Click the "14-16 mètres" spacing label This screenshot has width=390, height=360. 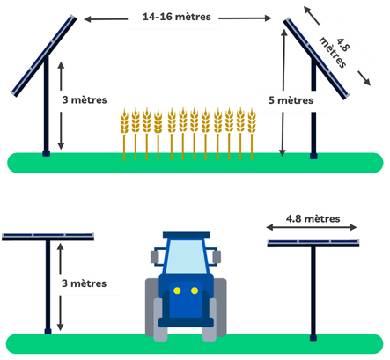pyautogui.click(x=177, y=17)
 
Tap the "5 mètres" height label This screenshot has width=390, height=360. pyautogui.click(x=291, y=100)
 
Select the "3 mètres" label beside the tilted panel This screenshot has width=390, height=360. pyautogui.click(x=85, y=99)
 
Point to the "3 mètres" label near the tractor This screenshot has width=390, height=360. pyautogui.click(x=85, y=283)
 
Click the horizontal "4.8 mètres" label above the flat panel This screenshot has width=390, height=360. pyautogui.click(x=313, y=218)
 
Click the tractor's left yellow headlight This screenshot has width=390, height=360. pyautogui.click(x=177, y=290)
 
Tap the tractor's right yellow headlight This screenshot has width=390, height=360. pyautogui.click(x=195, y=290)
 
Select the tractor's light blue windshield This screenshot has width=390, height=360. pyautogui.click(x=187, y=256)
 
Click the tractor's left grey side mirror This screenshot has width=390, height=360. pyautogui.click(x=155, y=257)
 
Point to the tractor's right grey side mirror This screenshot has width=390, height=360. pyautogui.click(x=217, y=257)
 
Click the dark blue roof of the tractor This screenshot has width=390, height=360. pyautogui.click(x=187, y=235)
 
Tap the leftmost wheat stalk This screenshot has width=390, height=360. pyautogui.click(x=124, y=135)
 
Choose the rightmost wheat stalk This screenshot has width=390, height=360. pyautogui.click(x=252, y=135)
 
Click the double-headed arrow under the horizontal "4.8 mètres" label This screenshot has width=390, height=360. pyautogui.click(x=312, y=227)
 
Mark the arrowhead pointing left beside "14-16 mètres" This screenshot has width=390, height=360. pyautogui.click(x=88, y=19)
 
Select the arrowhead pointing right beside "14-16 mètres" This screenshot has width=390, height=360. pyautogui.click(x=268, y=18)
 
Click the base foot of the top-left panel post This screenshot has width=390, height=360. pyautogui.click(x=46, y=153)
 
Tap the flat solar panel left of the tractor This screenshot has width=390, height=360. pyautogui.click(x=48, y=237)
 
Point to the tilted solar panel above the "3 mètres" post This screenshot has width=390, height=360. pyautogui.click(x=43, y=55)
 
